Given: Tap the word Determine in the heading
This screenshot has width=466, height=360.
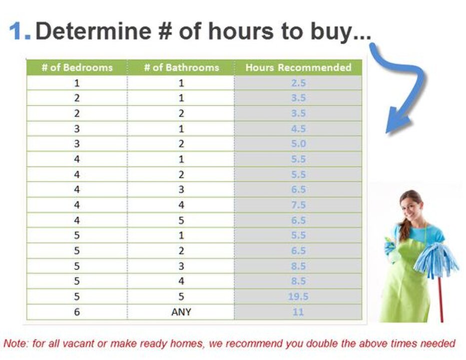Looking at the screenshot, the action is [x=93, y=31].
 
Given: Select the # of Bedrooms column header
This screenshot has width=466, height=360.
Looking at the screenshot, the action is [x=77, y=67].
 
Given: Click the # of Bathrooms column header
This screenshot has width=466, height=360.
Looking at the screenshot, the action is [x=181, y=67].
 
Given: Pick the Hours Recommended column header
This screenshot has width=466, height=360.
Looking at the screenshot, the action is [x=298, y=67].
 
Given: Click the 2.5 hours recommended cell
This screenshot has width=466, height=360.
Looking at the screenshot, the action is [x=298, y=82].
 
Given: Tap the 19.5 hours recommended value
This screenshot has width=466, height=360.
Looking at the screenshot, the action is [x=298, y=296].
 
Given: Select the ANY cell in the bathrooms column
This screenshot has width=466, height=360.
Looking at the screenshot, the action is [x=181, y=312].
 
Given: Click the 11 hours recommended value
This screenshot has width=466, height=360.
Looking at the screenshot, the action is [x=298, y=312].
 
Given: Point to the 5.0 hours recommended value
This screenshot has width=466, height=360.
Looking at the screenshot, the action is [x=298, y=143].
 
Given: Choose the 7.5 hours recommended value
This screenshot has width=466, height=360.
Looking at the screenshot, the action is [x=298, y=204].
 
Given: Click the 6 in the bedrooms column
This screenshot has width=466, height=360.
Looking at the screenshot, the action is [x=77, y=312].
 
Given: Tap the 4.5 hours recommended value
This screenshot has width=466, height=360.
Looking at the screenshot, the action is [x=298, y=129].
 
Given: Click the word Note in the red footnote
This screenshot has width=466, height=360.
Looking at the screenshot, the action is [x=15, y=343].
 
